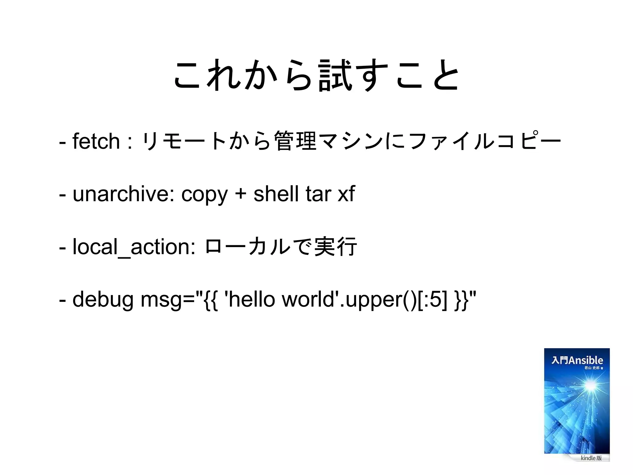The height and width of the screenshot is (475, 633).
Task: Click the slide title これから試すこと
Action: pos(316,75)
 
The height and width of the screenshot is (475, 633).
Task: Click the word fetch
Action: pos(96,141)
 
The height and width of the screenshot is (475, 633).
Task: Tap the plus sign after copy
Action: pos(240,194)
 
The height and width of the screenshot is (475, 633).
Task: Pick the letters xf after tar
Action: pos(346,194)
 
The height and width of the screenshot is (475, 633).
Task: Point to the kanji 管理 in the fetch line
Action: pos(296,141)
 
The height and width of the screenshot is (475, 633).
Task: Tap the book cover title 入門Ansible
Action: pos(577,360)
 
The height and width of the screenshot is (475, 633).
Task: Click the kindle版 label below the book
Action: pos(591,458)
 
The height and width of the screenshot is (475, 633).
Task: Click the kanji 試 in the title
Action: pos(335,75)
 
